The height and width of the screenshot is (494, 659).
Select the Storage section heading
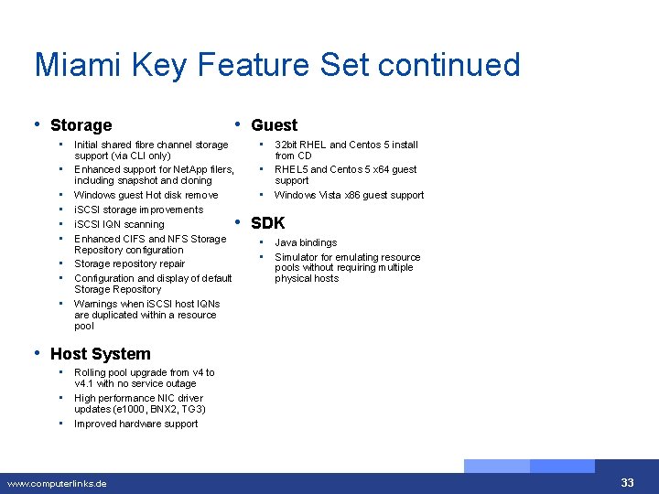click(x=81, y=125)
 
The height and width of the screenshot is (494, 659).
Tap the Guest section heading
click(x=274, y=125)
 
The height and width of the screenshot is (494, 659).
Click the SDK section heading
click(x=267, y=222)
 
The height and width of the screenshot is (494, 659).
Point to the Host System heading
click(x=100, y=354)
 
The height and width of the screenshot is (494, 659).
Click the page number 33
click(x=627, y=483)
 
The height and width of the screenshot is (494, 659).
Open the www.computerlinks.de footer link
click(x=57, y=483)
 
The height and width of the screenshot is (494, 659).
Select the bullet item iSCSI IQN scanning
click(x=119, y=224)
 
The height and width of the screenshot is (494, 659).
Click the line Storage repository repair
click(x=129, y=263)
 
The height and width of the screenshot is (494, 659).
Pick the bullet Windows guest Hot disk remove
click(x=146, y=195)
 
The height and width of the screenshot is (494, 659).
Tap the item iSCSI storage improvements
click(x=138, y=209)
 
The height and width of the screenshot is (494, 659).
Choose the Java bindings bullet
click(x=306, y=242)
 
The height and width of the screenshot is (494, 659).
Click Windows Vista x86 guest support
click(x=349, y=195)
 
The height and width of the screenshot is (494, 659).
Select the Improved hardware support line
click(x=135, y=424)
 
